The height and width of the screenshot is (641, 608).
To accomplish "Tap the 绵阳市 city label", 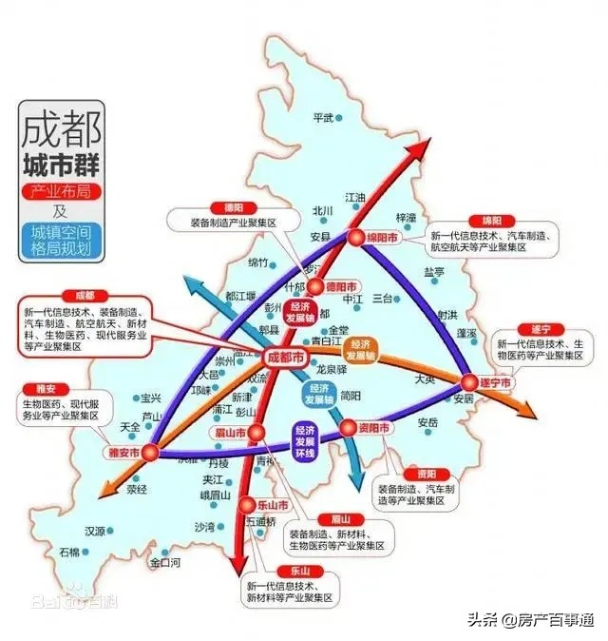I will pyautogui.click(x=382, y=240).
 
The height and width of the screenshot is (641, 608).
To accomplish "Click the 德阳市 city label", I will pyautogui.click(x=340, y=286).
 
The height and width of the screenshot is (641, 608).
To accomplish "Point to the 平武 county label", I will pyautogui.click(x=324, y=118).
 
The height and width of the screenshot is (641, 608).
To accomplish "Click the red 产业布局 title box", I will pyautogui.click(x=62, y=192).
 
